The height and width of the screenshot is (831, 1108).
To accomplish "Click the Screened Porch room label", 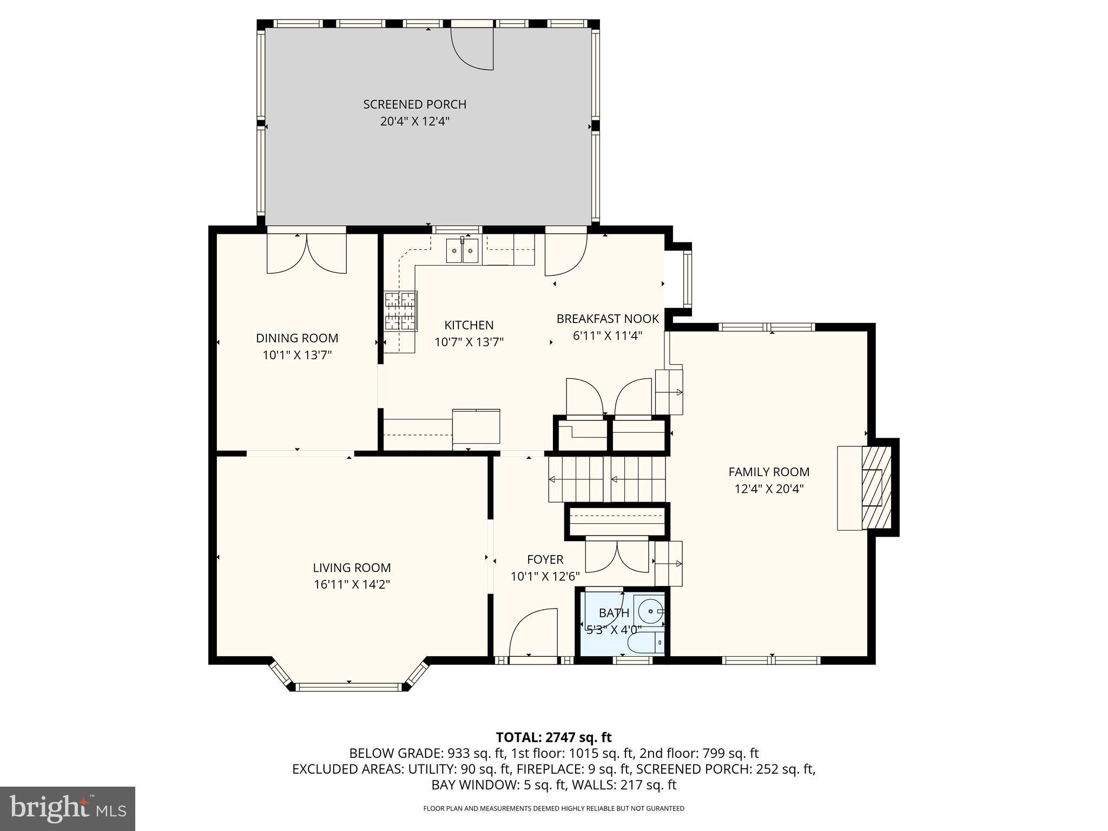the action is (x=414, y=104).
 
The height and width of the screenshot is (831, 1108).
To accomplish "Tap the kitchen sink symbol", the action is (x=462, y=250).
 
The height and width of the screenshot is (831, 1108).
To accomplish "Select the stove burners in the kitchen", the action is (x=400, y=311).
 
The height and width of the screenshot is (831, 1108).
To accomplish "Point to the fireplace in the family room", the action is (x=865, y=488).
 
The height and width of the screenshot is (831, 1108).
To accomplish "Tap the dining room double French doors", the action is (x=307, y=254).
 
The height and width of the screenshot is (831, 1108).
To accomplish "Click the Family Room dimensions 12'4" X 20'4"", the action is (x=769, y=489).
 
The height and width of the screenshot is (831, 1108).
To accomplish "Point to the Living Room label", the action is (x=352, y=568).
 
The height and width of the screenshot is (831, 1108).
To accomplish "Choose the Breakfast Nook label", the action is (x=608, y=319).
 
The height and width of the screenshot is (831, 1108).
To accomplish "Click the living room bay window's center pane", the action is (x=349, y=687).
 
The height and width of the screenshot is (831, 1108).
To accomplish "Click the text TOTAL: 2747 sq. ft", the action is (x=553, y=737).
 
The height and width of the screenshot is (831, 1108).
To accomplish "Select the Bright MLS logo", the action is (x=68, y=809).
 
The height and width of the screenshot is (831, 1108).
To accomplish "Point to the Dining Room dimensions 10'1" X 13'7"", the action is (x=297, y=355).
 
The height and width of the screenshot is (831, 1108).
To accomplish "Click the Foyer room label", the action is (x=545, y=559).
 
